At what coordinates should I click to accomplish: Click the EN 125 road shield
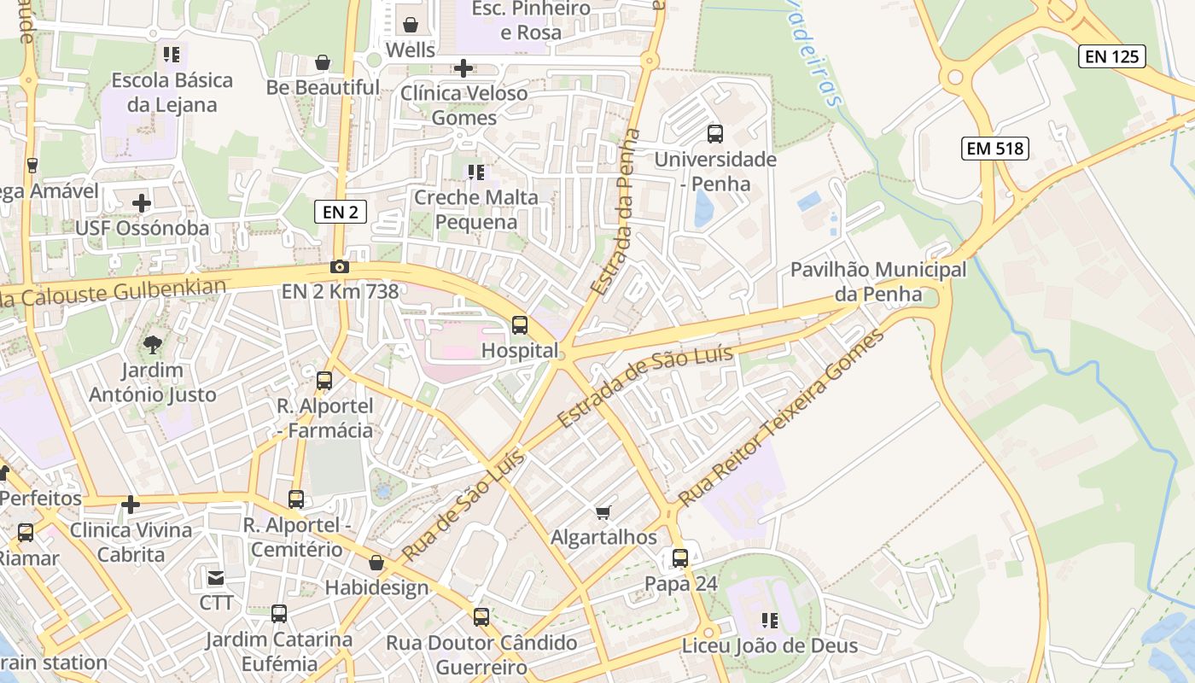(x=1112, y=56)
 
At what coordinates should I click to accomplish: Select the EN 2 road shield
(x=341, y=212)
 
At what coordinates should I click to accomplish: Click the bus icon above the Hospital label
(x=519, y=325)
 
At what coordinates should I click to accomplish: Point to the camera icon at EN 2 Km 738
(x=340, y=267)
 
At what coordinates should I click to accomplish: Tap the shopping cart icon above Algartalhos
(x=603, y=512)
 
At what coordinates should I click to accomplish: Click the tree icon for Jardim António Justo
(x=153, y=345)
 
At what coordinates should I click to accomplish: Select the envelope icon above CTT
(x=216, y=578)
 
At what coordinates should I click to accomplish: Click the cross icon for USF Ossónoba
(x=142, y=203)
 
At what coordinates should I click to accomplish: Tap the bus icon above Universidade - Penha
(x=715, y=134)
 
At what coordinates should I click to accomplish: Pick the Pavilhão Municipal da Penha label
(x=878, y=282)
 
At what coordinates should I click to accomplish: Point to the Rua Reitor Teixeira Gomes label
(x=782, y=417)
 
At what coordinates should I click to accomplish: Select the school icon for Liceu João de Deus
(x=769, y=621)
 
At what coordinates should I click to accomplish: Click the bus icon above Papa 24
(x=680, y=558)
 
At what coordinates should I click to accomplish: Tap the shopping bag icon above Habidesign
(x=376, y=563)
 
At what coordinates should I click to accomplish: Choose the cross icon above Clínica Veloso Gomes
(x=463, y=67)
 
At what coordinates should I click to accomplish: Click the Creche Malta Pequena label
(x=476, y=209)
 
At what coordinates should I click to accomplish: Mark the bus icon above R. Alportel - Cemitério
(x=296, y=499)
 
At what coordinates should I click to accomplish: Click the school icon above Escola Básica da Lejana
(x=172, y=55)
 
